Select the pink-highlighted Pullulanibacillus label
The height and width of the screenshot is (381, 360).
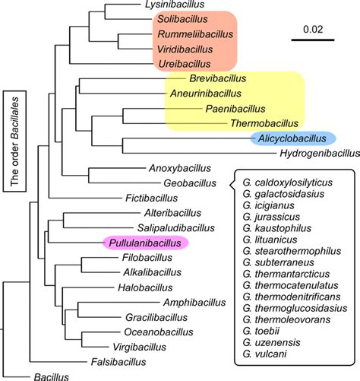coord(144,242)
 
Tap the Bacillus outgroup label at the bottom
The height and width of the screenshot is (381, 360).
coord(51,376)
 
